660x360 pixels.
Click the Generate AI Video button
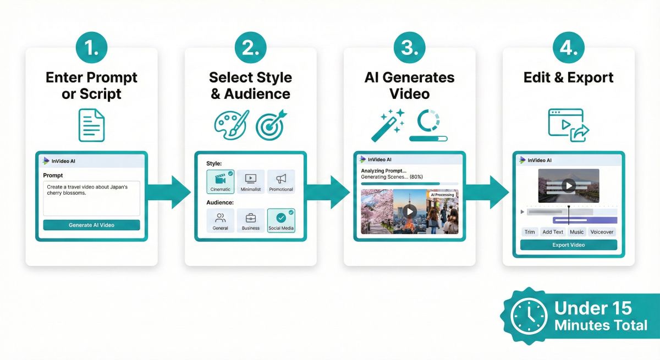[91, 225]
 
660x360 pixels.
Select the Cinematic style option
[221, 181]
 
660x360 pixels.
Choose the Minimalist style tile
[250, 181]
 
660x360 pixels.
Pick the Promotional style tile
[281, 181]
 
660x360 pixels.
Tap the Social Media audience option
[281, 220]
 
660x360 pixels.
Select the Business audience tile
[250, 220]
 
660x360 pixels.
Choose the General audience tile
[221, 220]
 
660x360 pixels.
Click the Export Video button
[568, 245]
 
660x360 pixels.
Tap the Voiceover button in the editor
[602, 232]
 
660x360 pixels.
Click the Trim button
[530, 232]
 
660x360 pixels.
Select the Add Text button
[553, 232]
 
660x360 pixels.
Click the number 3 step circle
[410, 47]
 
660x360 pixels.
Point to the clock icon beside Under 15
[529, 317]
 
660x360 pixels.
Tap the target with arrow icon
[271, 125]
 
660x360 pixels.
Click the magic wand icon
[388, 126]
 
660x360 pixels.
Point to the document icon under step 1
[91, 125]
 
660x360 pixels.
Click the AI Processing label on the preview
[442, 195]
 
